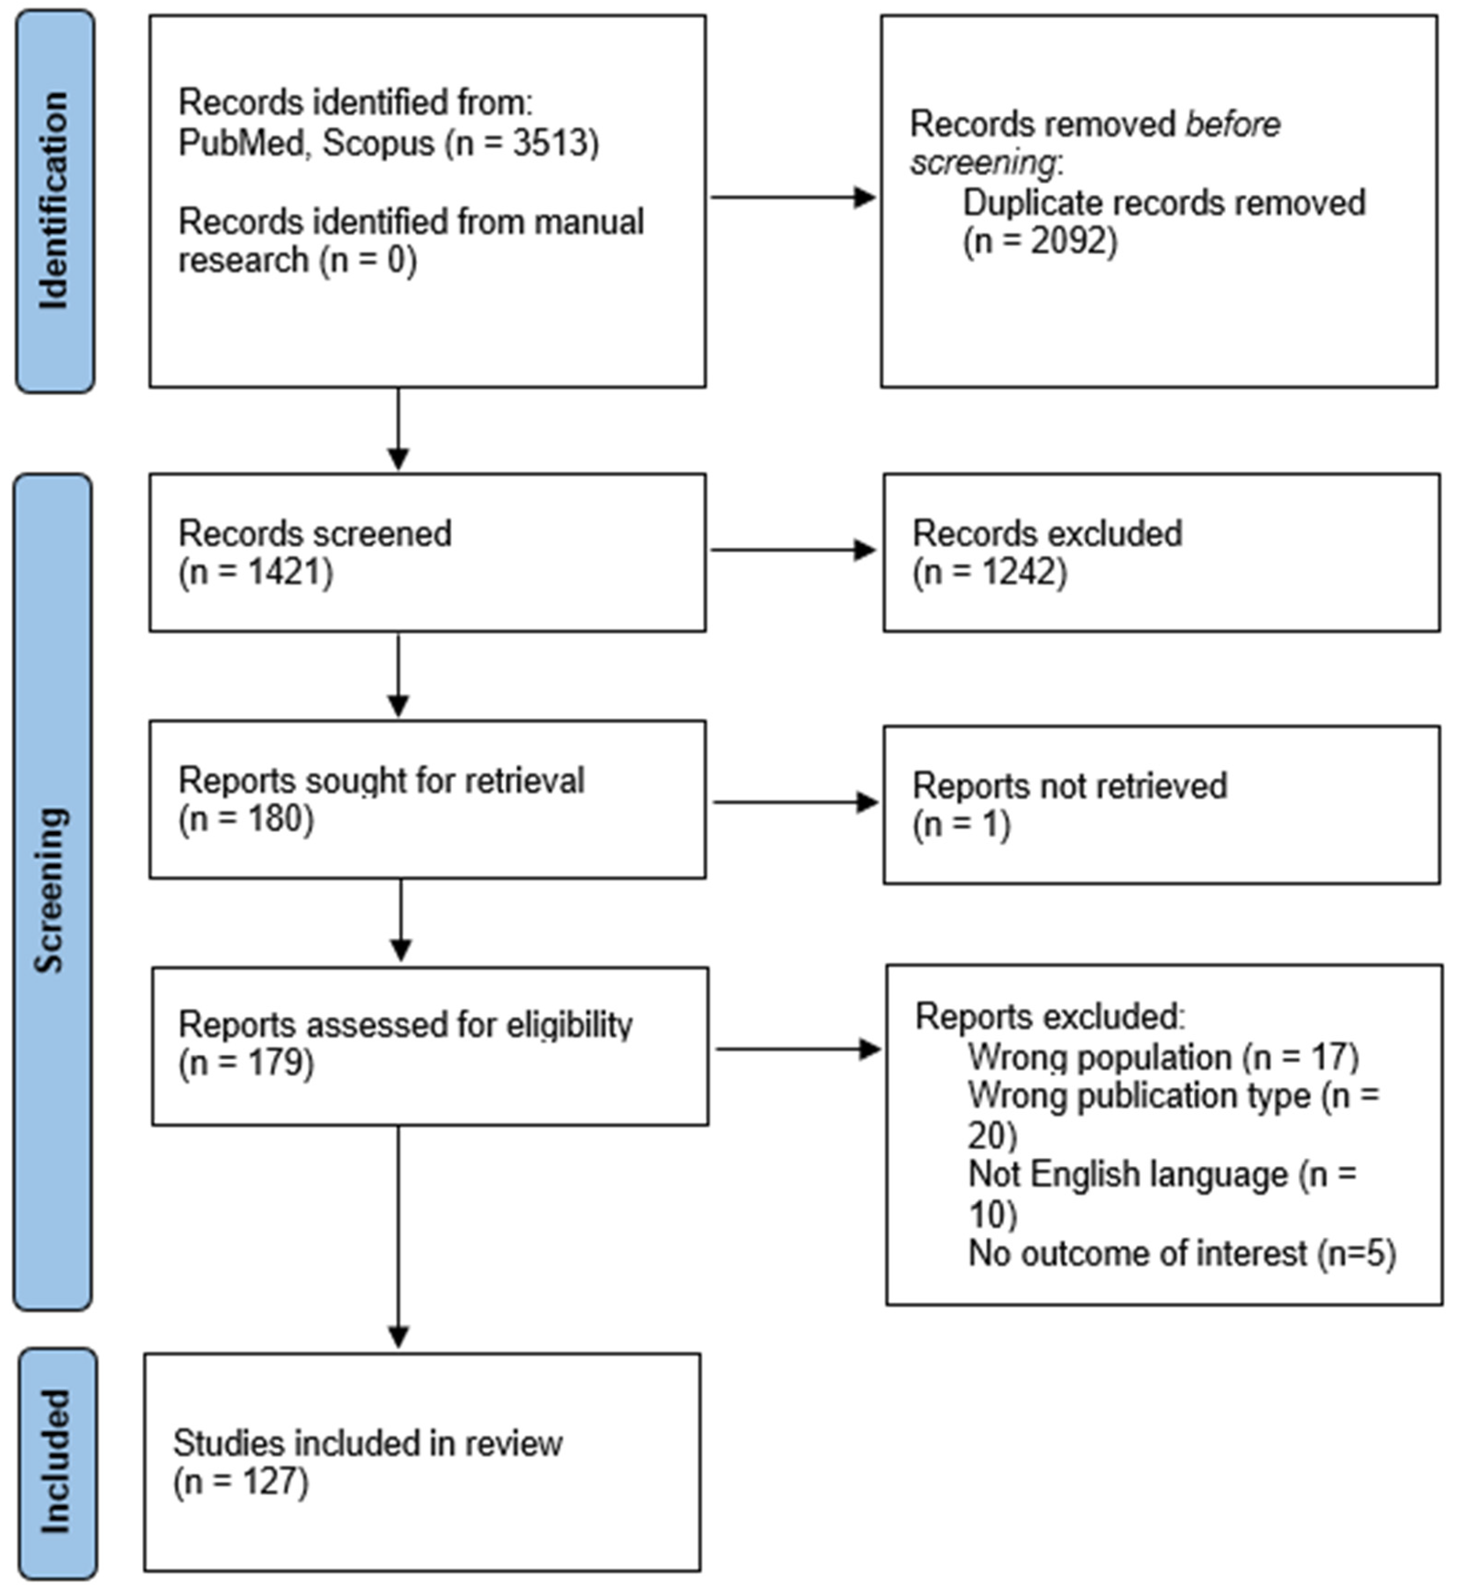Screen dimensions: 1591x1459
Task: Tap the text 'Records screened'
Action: pyautogui.click(x=314, y=533)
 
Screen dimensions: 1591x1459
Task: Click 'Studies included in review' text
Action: pyautogui.click(x=367, y=1444)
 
